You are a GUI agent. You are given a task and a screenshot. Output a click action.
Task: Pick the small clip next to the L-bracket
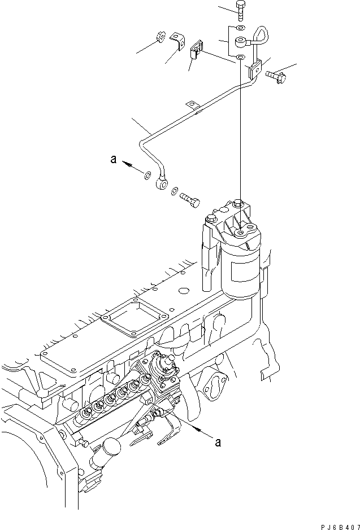pos(198,49)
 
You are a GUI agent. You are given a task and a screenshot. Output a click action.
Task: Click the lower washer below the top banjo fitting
pos(241,58)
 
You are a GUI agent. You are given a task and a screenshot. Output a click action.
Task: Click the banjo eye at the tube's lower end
pos(162,182)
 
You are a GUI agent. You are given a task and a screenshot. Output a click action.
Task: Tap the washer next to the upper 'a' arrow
pos(147,176)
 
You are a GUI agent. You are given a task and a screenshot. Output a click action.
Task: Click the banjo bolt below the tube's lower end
pos(190,198)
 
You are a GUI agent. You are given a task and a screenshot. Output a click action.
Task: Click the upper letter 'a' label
pos(114,161)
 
